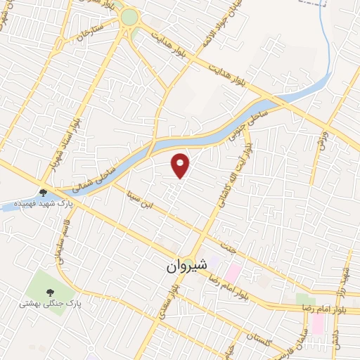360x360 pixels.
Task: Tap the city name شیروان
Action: (186, 266)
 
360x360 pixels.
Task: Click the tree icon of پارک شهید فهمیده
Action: (44, 193)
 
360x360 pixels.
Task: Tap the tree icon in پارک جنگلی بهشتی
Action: (50, 292)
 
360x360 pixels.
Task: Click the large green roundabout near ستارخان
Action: (129, 17)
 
